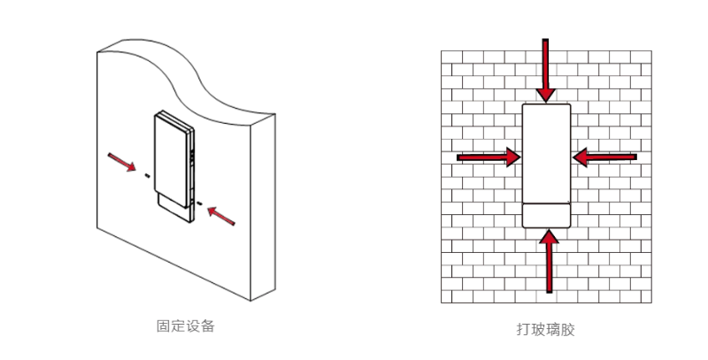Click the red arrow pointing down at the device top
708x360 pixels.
pyautogui.click(x=545, y=71)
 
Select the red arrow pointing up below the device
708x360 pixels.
pyautogui.click(x=549, y=261)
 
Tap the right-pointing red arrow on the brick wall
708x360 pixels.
pyautogui.click(x=489, y=157)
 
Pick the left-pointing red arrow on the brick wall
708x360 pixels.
pyautogui.click(x=604, y=157)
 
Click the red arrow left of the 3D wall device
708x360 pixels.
pyautogui.click(x=122, y=163)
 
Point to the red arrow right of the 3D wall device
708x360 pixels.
pyautogui.click(x=221, y=216)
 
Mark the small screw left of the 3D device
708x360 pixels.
pyautogui.click(x=147, y=175)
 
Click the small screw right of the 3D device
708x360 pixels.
pyautogui.click(x=199, y=203)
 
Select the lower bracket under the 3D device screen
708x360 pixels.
pyautogui.click(x=173, y=209)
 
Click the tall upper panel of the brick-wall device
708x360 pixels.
pyautogui.click(x=546, y=153)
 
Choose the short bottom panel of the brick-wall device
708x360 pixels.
pyautogui.click(x=546, y=216)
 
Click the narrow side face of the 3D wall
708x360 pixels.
pyautogui.click(x=263, y=207)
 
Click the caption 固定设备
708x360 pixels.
pyautogui.click(x=185, y=326)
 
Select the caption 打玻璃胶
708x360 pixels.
pyautogui.click(x=545, y=329)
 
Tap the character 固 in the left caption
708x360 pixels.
pyautogui.click(x=164, y=326)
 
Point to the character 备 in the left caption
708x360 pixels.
pyautogui.click(x=207, y=326)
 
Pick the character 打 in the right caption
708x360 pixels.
pyautogui.click(x=524, y=329)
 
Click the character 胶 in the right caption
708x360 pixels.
pyautogui.click(x=567, y=329)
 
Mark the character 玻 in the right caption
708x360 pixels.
pyautogui.click(x=538, y=329)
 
